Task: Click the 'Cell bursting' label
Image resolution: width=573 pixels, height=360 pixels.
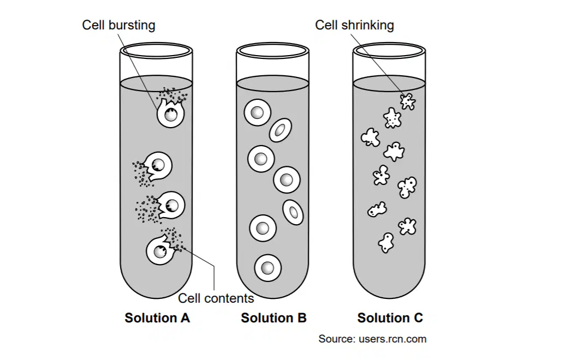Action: (118, 25)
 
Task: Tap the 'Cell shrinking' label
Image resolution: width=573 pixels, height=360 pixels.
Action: (354, 25)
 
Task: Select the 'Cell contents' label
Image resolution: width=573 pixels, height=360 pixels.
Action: (216, 298)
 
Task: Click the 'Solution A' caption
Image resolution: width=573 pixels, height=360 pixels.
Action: (157, 317)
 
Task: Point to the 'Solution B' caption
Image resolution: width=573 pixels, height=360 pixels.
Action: (273, 317)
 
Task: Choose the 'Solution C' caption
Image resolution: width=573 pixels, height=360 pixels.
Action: (390, 317)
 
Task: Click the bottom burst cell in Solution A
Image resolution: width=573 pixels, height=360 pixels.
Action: (159, 250)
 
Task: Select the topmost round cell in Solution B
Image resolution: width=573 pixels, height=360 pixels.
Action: (257, 112)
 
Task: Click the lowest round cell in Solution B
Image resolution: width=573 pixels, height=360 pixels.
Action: (267, 268)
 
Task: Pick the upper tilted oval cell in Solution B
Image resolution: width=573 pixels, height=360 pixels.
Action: (280, 130)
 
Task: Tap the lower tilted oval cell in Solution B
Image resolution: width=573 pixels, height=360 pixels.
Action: (293, 212)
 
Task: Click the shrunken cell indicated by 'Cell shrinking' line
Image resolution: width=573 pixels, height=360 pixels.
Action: (408, 101)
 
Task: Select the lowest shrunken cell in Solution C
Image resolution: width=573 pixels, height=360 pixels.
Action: (386, 243)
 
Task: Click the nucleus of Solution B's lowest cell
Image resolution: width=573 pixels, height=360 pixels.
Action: (267, 268)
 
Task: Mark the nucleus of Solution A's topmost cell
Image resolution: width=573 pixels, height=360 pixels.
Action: (170, 115)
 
